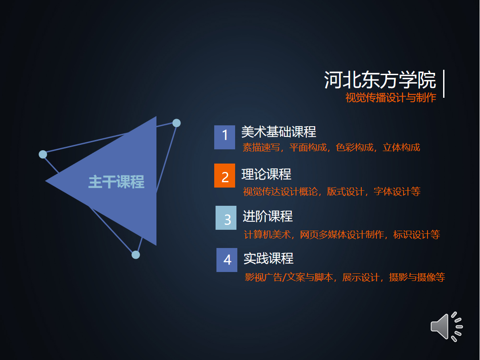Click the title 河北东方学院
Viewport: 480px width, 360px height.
pos(380,80)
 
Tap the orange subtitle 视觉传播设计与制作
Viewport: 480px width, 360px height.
pos(391,98)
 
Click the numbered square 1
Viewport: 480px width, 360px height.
pos(225,137)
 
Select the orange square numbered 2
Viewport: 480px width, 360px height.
pos(225,176)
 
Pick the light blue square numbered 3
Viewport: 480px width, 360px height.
pos(226,218)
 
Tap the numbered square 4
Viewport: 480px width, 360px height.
pos(227,260)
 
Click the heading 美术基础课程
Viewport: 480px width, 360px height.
pos(279,132)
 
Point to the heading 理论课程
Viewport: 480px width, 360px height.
pos(266,174)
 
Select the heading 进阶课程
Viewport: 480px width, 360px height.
pos(268,216)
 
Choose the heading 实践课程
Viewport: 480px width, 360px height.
pos(269,259)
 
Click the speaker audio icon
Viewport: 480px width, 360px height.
pos(447,327)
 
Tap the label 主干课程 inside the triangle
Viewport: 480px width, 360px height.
pos(116,182)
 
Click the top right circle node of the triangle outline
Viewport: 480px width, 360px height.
pos(176,123)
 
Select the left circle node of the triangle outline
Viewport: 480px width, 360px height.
pos(43,154)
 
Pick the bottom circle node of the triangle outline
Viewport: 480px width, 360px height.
pos(136,255)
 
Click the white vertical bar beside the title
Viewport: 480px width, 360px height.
pos(444,84)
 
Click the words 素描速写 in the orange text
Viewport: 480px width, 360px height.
pos(261,148)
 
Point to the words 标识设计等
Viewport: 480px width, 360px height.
pos(416,235)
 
